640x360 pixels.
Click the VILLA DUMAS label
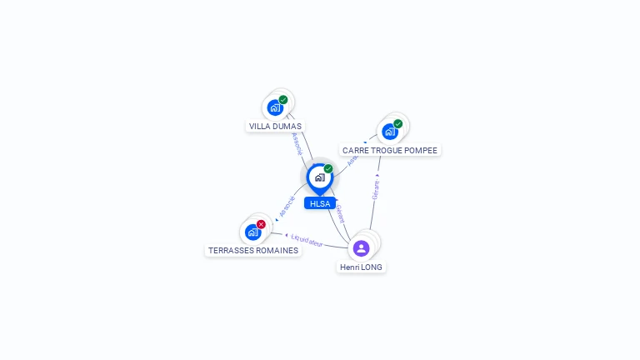[x=275, y=127]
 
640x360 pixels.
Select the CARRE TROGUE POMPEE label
[x=389, y=151]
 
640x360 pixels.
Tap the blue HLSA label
[x=319, y=203]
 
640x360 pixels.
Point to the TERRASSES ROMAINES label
[x=253, y=250]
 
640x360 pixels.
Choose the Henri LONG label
[x=361, y=267]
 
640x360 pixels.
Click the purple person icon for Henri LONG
[x=361, y=247]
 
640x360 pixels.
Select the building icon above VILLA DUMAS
[x=275, y=107]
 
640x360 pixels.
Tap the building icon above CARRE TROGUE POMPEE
[x=389, y=132]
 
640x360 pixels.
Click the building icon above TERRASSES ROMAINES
[x=252, y=232]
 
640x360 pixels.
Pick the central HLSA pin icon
[x=319, y=177]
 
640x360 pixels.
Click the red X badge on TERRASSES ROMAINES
[x=261, y=224]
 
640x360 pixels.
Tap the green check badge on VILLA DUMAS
[x=283, y=100]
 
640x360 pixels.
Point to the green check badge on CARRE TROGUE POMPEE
[x=397, y=124]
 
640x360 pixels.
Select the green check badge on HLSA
[x=328, y=169]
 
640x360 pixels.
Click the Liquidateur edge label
[x=307, y=240]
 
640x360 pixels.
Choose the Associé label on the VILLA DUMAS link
[x=297, y=142]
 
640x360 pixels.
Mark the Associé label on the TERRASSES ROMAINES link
[x=287, y=207]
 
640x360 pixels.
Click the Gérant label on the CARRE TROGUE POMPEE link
[x=376, y=189]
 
